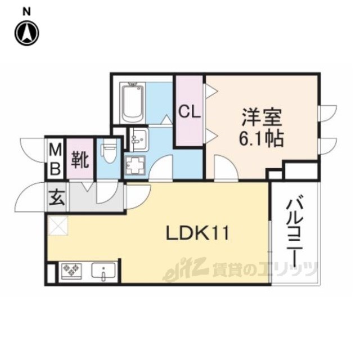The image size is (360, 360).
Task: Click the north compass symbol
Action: click(27, 33)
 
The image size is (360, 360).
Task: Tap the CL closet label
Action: click(190, 112)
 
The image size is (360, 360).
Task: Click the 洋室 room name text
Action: click(262, 117)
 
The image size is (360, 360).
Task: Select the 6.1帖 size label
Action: click(261, 139)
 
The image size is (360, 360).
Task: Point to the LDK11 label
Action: click(197, 233)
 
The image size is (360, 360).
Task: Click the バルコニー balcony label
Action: click(295, 231)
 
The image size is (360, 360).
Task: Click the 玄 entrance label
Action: click(57, 197)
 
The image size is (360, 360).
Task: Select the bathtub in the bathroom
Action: click(133, 102)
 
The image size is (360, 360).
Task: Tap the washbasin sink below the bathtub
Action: click(139, 139)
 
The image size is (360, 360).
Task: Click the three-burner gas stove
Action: click(71, 271)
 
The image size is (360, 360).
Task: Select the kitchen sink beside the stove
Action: click(103, 271)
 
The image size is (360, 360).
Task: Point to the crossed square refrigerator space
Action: click(57, 225)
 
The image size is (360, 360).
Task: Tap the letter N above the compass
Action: click(26, 12)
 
